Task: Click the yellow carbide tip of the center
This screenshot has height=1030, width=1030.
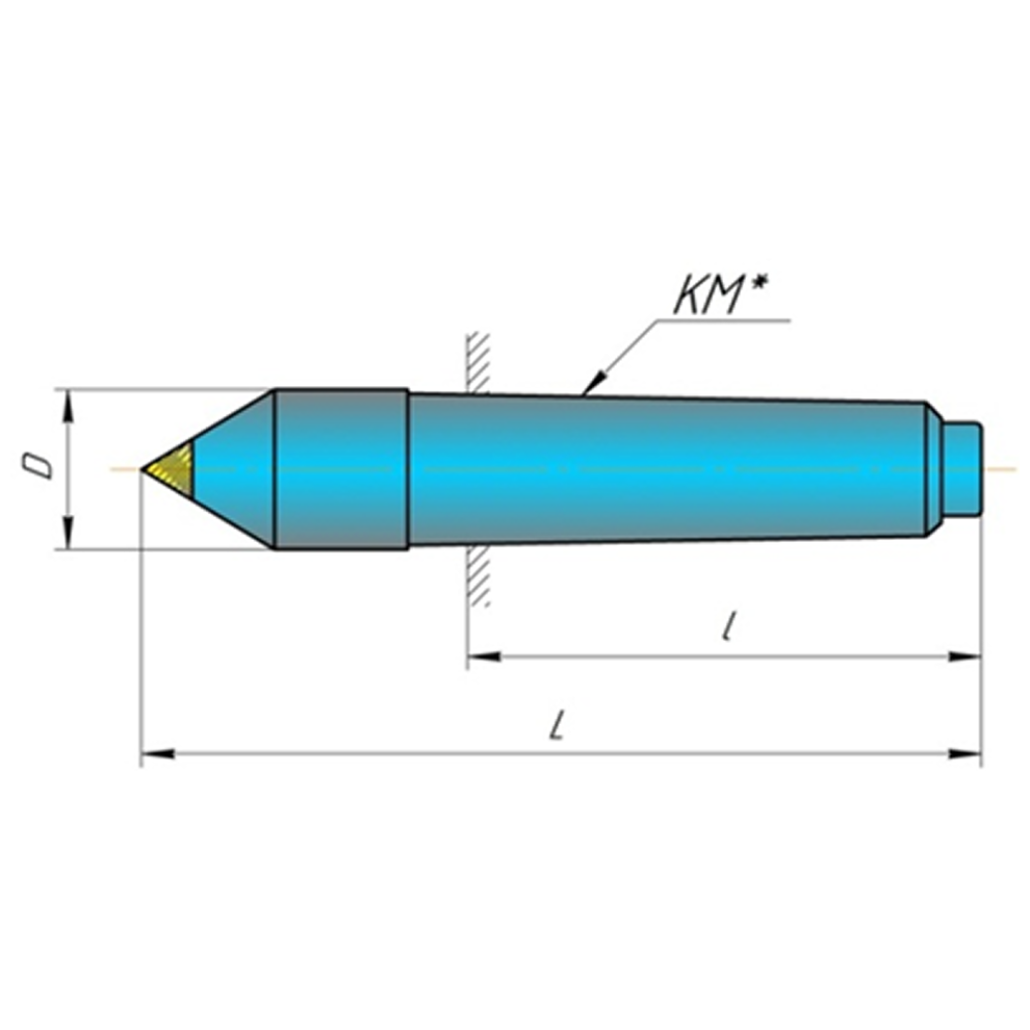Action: [x=174, y=468]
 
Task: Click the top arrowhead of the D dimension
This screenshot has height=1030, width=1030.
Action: [x=69, y=400]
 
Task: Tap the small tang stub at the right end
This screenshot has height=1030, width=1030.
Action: [x=963, y=468]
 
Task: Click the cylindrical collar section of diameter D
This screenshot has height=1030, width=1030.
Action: [x=340, y=468]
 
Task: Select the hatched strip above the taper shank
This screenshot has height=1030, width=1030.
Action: [x=479, y=361]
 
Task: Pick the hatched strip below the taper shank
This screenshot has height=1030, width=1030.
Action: [x=479, y=574]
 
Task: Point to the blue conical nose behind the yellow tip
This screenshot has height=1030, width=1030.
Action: [x=236, y=468]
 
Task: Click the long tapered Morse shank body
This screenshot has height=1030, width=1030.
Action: [x=664, y=468]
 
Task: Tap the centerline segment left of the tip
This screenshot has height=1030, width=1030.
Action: [x=125, y=468]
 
